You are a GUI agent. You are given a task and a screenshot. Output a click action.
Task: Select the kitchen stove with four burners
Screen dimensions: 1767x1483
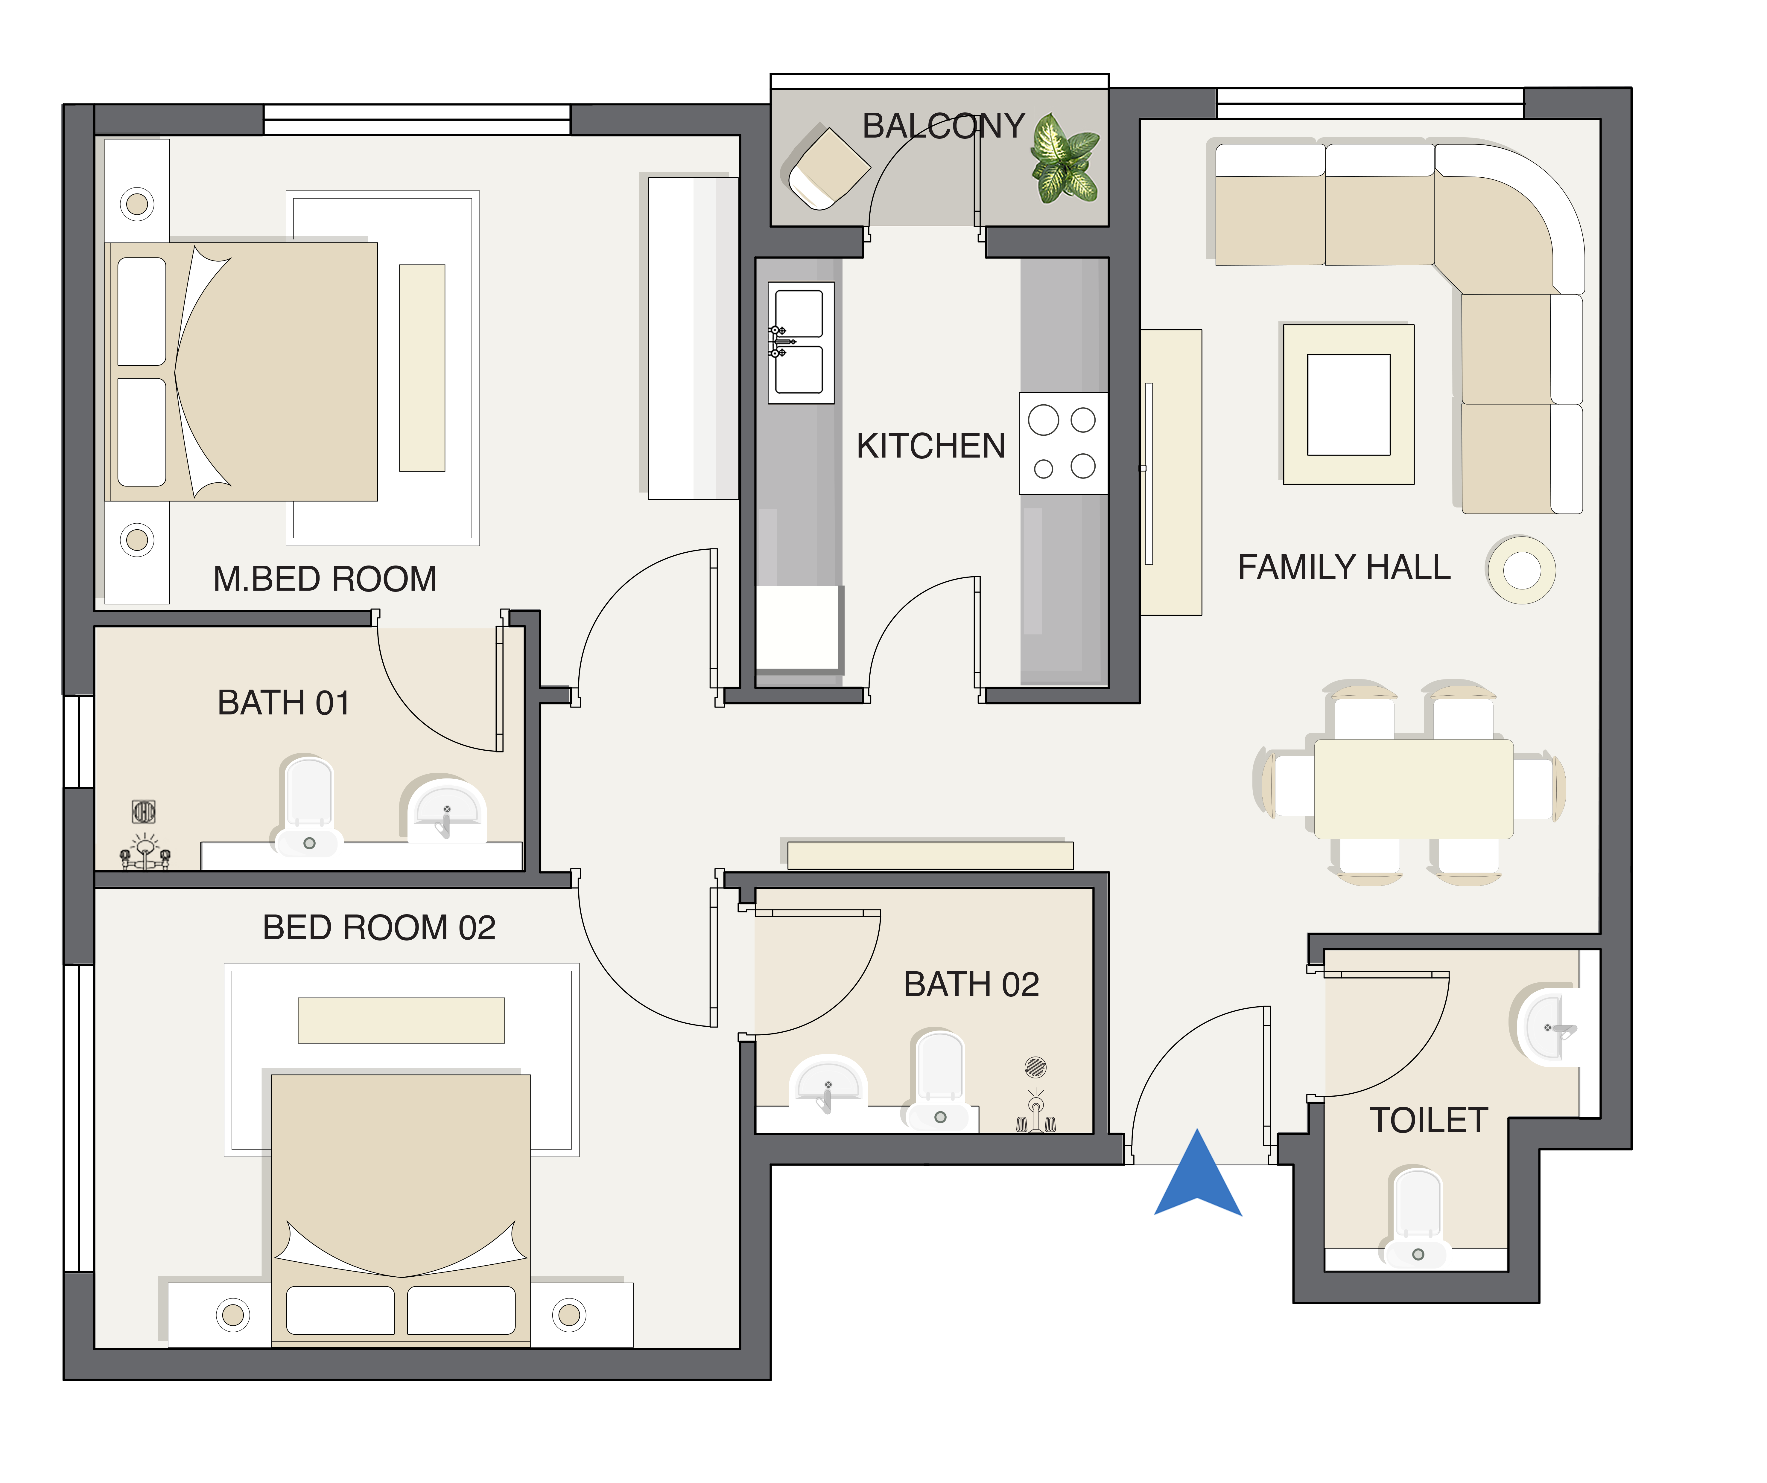[x=1063, y=443]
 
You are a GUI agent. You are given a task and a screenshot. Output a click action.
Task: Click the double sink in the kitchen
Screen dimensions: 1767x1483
[x=800, y=342]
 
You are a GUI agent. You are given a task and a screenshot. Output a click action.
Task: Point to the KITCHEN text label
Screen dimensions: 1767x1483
[x=930, y=446]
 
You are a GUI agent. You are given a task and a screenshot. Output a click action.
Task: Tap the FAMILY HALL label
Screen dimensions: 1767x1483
[x=1344, y=567]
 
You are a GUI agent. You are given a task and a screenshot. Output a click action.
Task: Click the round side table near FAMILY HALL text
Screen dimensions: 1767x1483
[x=1521, y=570]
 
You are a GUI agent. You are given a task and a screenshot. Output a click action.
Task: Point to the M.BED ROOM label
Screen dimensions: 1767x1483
[x=325, y=579]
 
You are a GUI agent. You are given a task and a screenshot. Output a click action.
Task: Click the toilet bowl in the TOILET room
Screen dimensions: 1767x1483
[x=1418, y=1217]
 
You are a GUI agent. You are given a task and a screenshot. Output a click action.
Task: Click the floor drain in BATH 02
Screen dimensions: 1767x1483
[x=1036, y=1067]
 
